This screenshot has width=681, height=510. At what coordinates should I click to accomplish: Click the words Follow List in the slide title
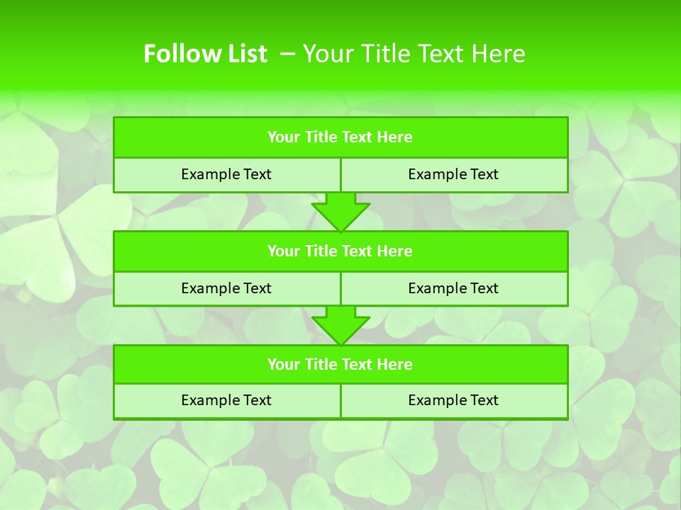tap(205, 54)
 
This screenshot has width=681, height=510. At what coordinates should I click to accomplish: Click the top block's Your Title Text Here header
tap(340, 137)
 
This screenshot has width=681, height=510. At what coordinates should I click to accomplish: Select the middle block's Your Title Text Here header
tap(340, 251)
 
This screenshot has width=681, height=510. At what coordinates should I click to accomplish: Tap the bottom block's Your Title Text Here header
tap(340, 365)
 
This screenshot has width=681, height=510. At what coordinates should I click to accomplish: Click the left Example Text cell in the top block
tap(226, 175)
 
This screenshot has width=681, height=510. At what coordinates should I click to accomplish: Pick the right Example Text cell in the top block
tap(453, 175)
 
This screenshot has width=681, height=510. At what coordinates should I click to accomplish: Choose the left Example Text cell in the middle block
tap(226, 288)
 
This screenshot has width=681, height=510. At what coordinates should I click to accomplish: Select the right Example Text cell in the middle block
tap(453, 288)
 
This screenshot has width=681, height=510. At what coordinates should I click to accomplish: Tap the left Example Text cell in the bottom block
tap(226, 401)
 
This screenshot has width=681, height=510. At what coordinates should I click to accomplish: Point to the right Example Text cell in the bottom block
tap(453, 401)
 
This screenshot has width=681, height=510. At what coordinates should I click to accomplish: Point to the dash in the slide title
tap(287, 54)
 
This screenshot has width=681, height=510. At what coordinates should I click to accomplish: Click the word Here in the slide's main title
tap(500, 54)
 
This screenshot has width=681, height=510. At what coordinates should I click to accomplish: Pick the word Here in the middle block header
tap(395, 251)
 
